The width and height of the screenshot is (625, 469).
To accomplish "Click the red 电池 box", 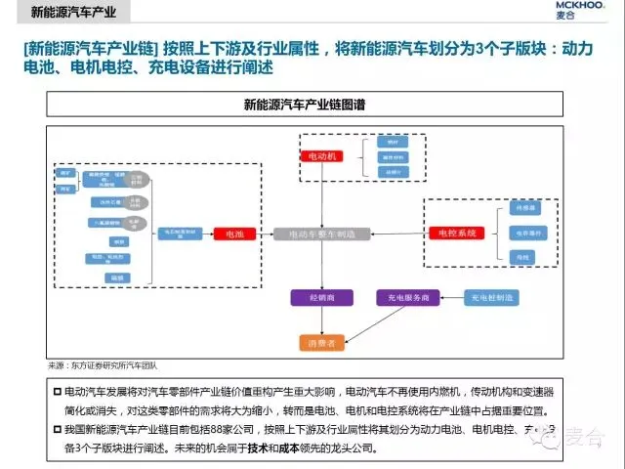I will coord(234,234).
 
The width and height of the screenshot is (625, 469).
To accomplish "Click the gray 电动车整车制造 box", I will coord(321,234).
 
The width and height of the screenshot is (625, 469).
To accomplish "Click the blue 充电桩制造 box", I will coord(492,296).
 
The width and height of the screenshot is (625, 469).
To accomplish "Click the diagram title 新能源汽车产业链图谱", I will coord(311,103).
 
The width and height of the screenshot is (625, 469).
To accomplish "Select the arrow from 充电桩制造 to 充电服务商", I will coord(450,296).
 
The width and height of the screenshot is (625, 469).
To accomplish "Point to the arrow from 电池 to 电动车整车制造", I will coord(265,234).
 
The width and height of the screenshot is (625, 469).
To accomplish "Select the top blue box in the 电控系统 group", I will coord(522,209).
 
